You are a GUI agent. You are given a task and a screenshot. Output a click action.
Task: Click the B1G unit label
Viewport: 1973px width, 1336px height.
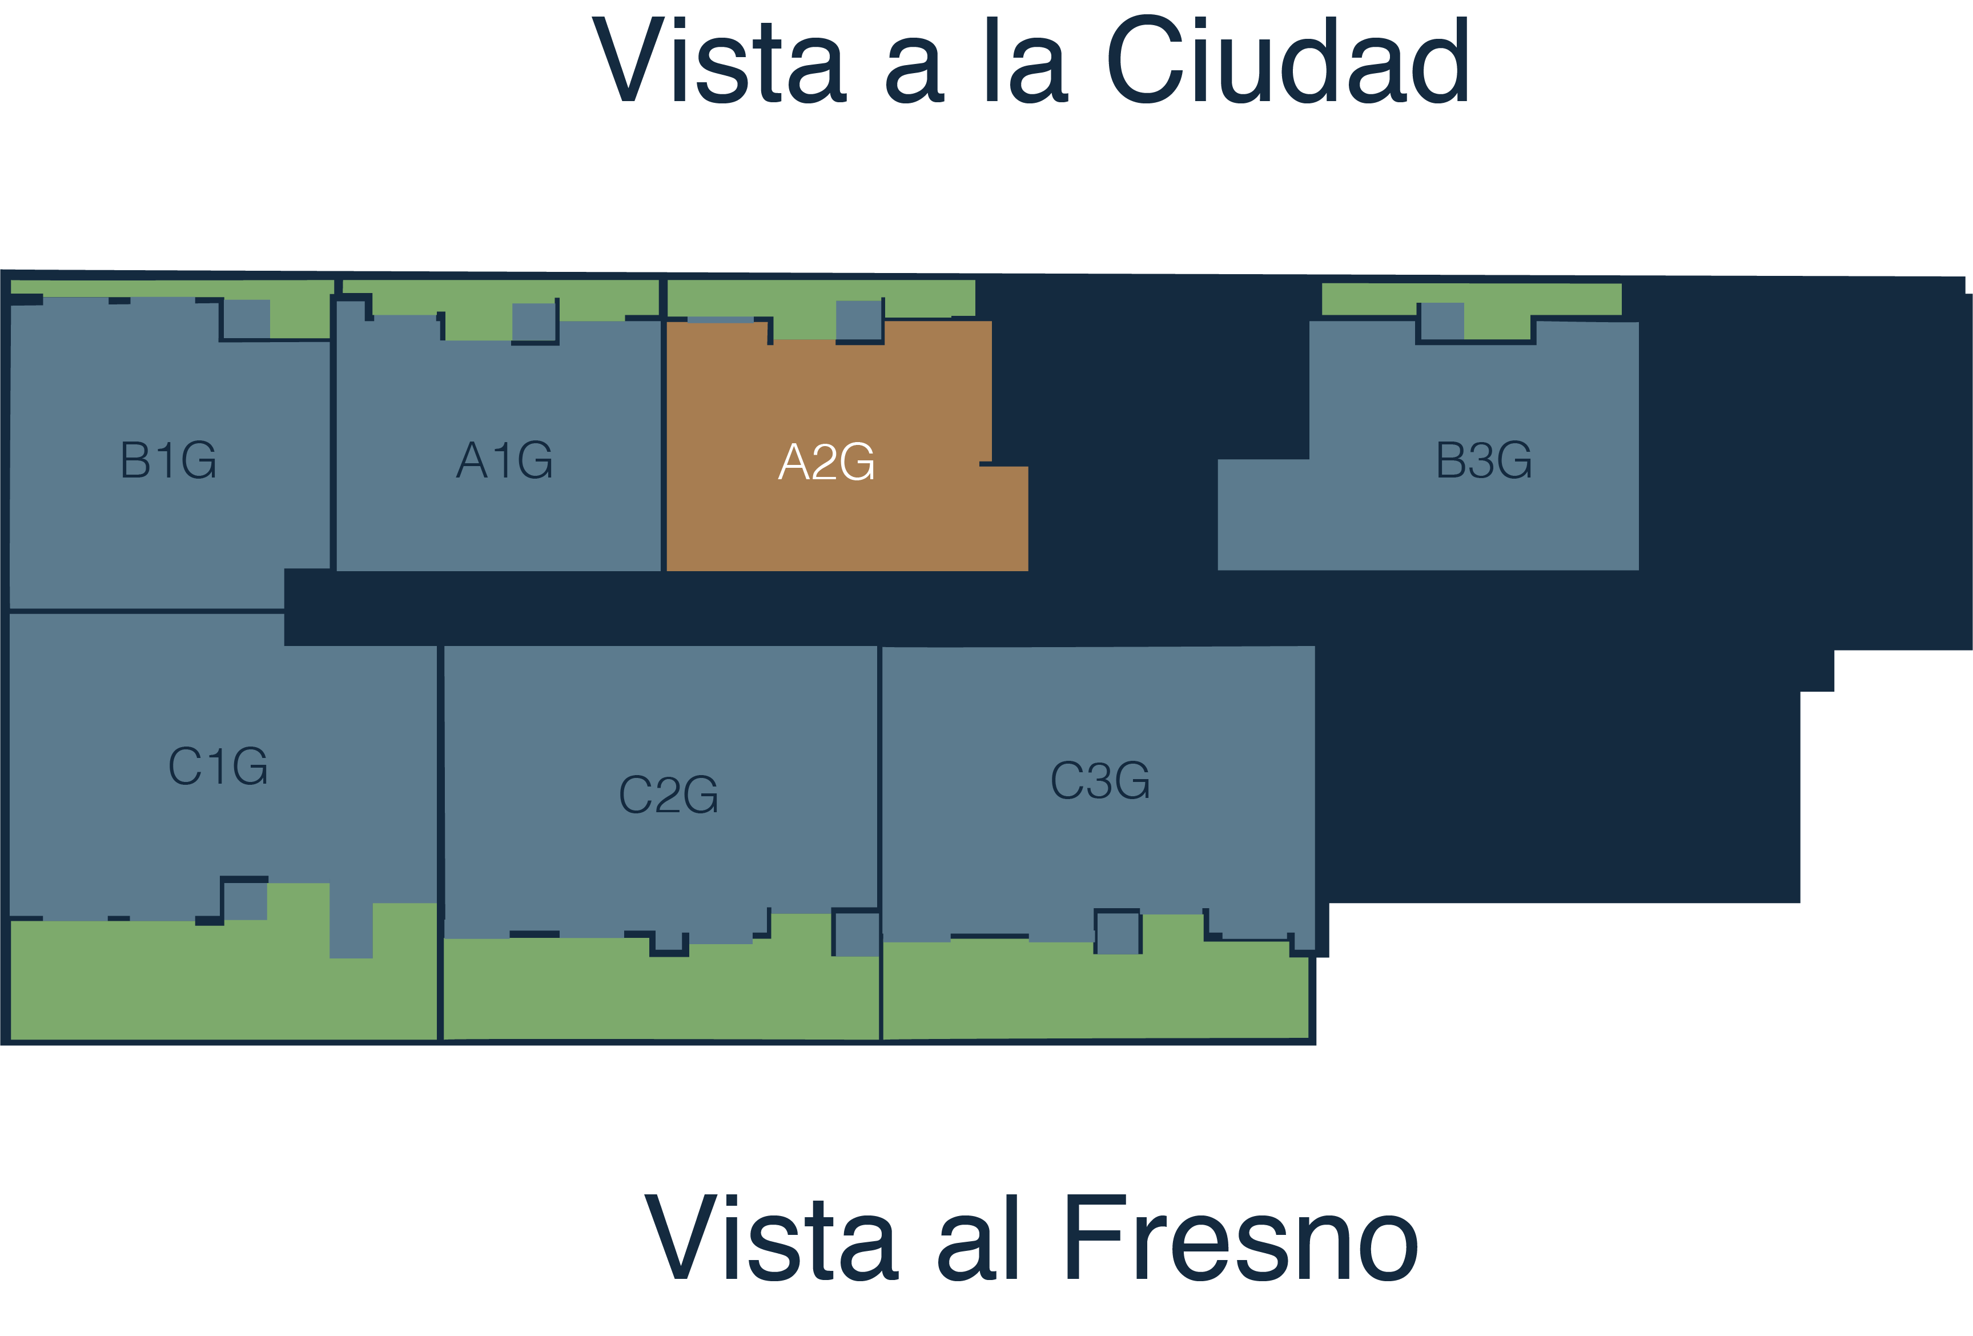168,460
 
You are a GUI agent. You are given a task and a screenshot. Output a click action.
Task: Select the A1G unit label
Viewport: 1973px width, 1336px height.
504,460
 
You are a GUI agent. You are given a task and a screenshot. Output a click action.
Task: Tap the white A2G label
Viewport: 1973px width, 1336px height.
826,462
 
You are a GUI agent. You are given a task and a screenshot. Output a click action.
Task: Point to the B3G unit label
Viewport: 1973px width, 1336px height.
1484,460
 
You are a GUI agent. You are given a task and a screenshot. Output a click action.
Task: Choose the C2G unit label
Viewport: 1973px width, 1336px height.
669,795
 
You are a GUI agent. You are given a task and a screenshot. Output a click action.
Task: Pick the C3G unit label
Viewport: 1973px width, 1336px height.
1100,781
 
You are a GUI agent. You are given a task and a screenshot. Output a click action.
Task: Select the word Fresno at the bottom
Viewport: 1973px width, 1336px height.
1240,1238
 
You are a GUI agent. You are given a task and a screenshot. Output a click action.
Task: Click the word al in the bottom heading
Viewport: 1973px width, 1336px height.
977,1238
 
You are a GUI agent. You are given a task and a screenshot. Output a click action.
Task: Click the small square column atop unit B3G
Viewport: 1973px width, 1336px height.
1441,321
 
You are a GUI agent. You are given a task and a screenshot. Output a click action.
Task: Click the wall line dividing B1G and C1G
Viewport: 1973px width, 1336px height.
146,611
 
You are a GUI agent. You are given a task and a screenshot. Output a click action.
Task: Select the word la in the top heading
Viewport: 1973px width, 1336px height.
1026,61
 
